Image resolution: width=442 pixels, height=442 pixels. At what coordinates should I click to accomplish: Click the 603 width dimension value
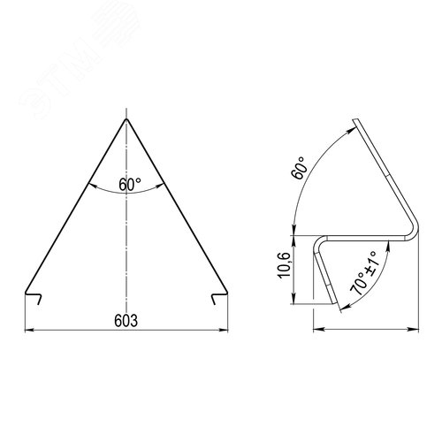(126, 321)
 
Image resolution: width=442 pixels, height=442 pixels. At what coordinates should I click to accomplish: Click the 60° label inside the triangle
(130, 185)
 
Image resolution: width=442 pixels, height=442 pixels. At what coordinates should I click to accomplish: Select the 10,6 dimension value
(285, 265)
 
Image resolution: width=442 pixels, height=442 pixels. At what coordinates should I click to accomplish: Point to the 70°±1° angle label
(363, 273)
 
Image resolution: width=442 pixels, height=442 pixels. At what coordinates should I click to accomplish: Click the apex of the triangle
(126, 118)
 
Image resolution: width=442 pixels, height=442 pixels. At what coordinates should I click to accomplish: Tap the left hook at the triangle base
(33, 298)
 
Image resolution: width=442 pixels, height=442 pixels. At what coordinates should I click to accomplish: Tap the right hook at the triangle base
(219, 298)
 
